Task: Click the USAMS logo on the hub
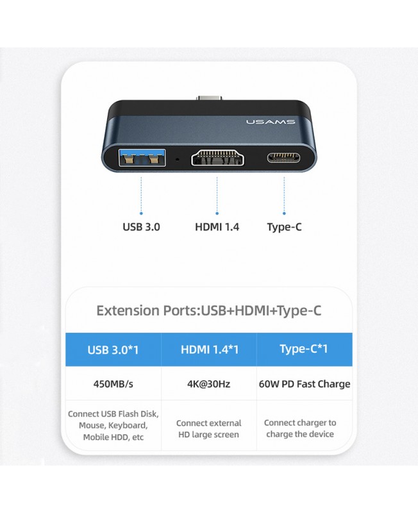(271, 122)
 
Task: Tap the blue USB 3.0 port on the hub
(142, 157)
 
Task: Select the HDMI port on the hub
(217, 158)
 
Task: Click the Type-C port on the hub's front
(283, 158)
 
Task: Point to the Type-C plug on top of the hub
(210, 98)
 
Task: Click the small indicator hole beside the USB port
(178, 159)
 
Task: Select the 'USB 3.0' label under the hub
(141, 227)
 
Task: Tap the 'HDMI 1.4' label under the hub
(217, 227)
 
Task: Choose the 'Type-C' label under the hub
(284, 227)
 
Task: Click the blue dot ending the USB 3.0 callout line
(141, 214)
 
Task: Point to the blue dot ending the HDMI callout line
(217, 214)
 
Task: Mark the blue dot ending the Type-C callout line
(284, 214)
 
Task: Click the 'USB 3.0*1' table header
(113, 349)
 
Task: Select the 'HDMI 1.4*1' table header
(210, 349)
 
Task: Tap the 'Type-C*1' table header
(303, 349)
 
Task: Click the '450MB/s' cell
(113, 383)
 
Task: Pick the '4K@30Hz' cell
(208, 383)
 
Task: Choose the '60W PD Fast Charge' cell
(305, 383)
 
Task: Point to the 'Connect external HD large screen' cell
(208, 428)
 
